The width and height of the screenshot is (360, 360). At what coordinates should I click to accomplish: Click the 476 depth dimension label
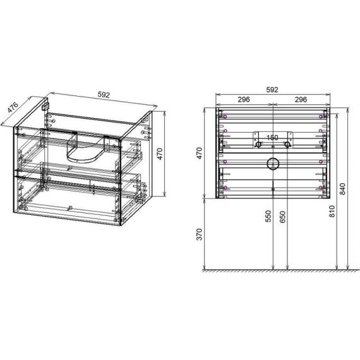tap(13, 107)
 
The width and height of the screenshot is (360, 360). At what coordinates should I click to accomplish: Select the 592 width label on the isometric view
tap(104, 95)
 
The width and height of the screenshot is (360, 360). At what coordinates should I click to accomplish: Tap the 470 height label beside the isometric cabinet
tap(160, 154)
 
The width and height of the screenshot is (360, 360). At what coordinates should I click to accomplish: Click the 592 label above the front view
tap(272, 90)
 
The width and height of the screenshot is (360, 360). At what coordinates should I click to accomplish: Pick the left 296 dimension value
tap(244, 99)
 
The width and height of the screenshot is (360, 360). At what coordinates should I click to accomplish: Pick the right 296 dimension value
tap(301, 99)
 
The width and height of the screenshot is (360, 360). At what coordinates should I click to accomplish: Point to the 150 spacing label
tap(272, 138)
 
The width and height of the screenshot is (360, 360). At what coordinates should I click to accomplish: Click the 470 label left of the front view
tap(200, 153)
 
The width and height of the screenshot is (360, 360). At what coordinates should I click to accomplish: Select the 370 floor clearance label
tap(200, 234)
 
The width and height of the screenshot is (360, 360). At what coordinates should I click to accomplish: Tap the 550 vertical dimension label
tap(268, 216)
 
